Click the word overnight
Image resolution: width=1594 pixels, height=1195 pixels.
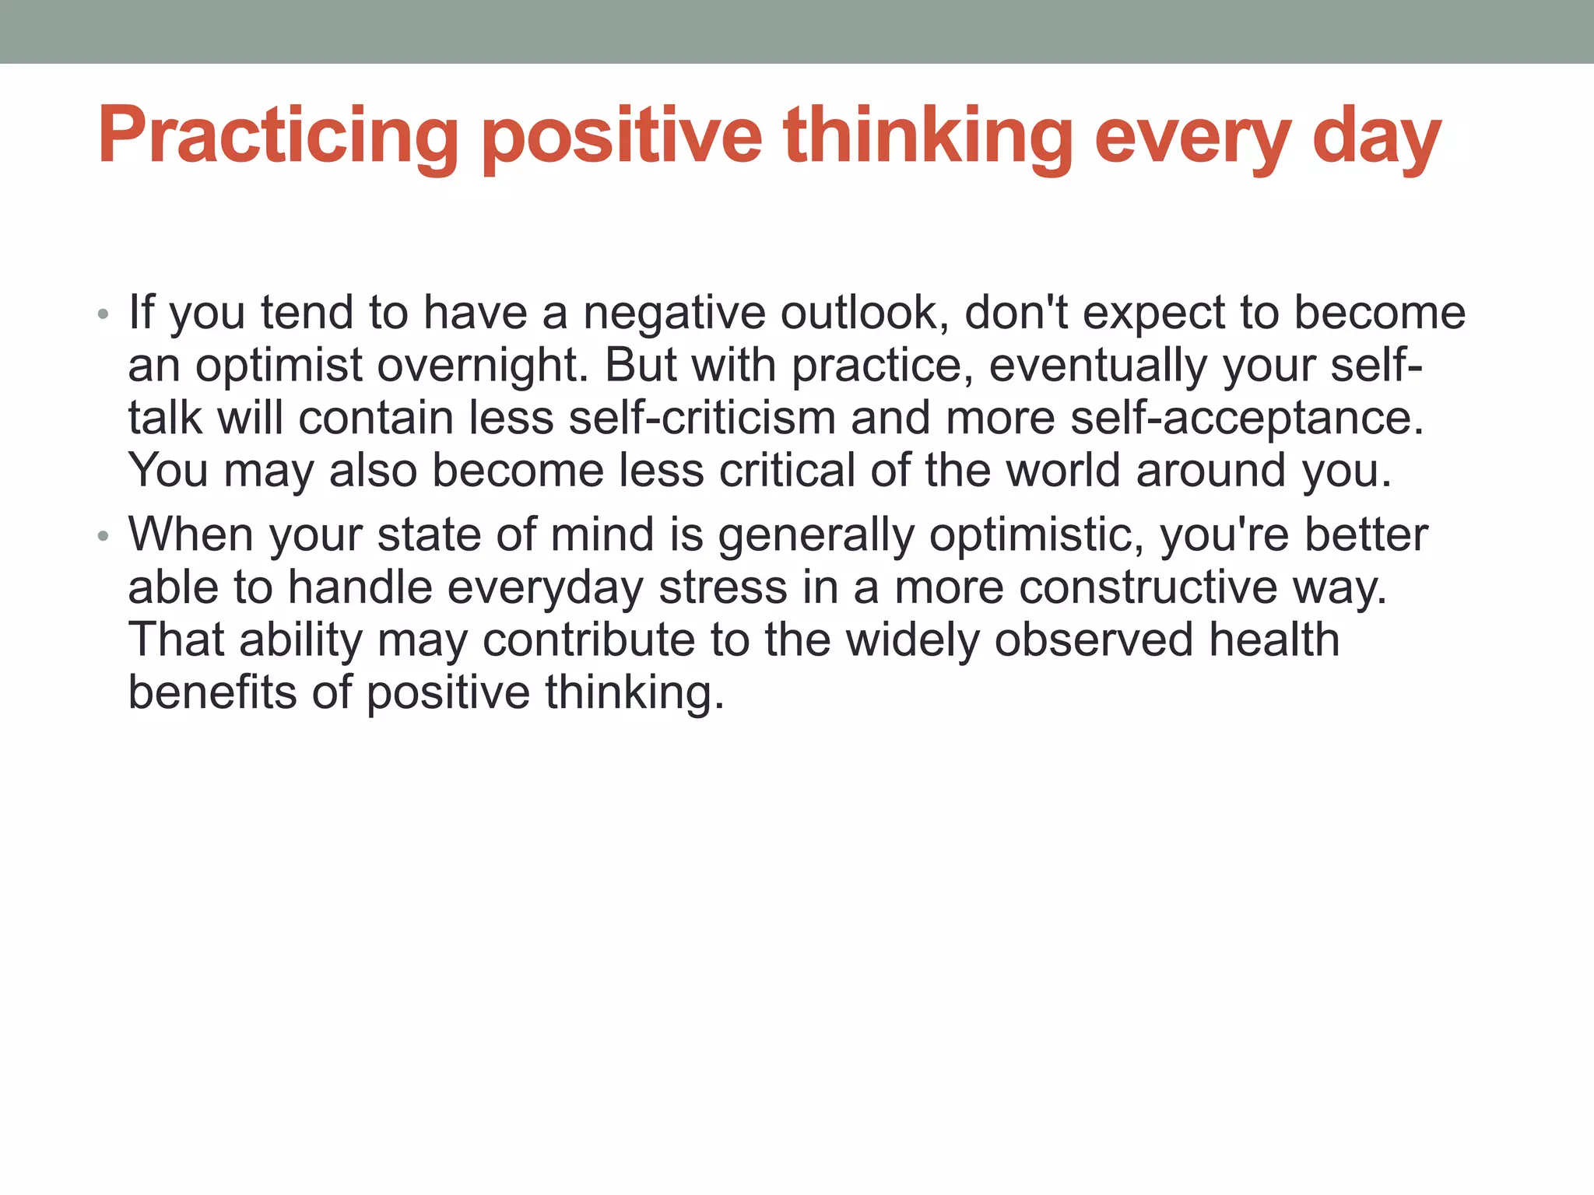tap(483, 365)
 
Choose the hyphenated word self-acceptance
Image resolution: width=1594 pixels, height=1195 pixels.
tap(1247, 418)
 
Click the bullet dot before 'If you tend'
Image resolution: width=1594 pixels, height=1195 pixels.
tap(103, 315)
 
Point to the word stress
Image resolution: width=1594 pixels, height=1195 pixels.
tap(723, 587)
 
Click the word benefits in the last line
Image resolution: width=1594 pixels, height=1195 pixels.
tap(212, 692)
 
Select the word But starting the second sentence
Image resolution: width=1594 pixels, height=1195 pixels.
tap(641, 365)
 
